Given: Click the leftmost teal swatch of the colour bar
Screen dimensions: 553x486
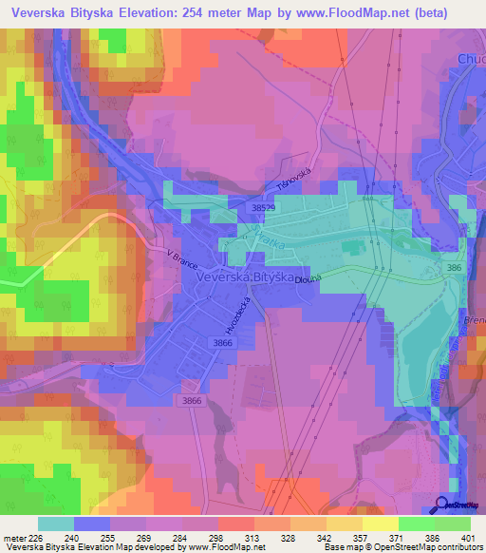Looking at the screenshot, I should click(56, 524).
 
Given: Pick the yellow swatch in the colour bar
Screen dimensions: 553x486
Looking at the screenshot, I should click(381, 524).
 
